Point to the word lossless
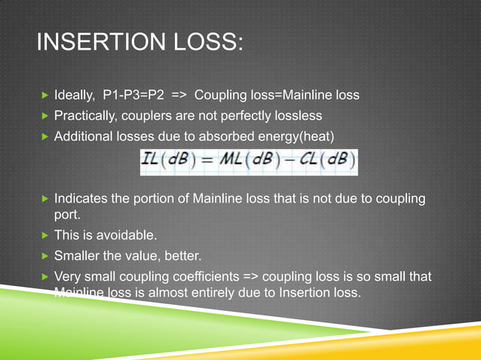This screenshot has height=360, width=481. tap(297, 116)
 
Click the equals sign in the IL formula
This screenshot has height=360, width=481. tap(204, 161)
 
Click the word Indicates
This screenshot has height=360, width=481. tap(83, 200)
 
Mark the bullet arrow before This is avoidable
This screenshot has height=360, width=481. tap(45, 236)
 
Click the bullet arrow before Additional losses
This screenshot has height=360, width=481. tap(45, 136)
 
